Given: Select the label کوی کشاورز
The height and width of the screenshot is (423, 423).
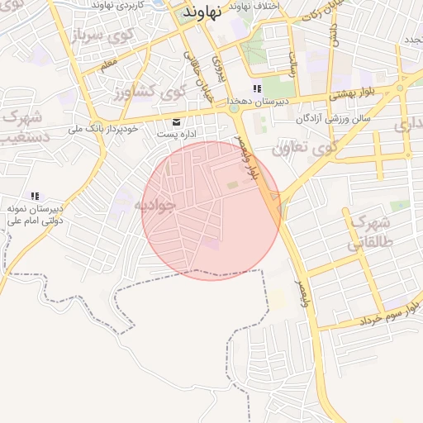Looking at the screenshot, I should [147, 92].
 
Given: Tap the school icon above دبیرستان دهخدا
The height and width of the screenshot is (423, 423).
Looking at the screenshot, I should [257, 88].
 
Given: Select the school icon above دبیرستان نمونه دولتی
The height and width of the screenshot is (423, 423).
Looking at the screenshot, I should [35, 196].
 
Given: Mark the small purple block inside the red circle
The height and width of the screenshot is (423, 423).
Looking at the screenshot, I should [213, 243].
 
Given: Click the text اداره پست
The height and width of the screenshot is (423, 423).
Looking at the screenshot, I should [175, 135].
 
